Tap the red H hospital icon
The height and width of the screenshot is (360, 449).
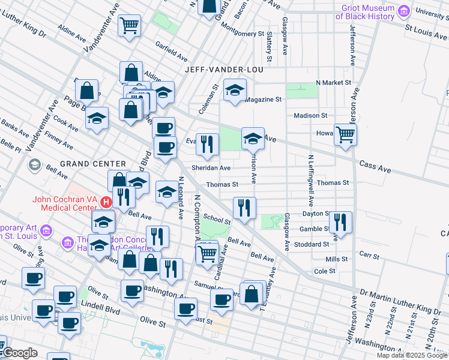(x=105, y=202)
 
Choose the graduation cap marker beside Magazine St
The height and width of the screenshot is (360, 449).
(x=235, y=91)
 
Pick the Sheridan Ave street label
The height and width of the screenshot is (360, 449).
(x=211, y=169)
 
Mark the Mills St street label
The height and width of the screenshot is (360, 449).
(x=337, y=259)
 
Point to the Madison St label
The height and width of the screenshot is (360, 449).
(x=310, y=115)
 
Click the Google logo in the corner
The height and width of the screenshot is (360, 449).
(x=19, y=353)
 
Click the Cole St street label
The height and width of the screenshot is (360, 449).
(x=325, y=271)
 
